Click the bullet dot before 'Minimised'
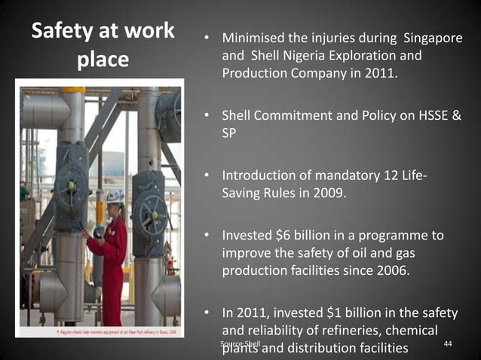point(206,38)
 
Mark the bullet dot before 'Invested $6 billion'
point(206,236)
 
